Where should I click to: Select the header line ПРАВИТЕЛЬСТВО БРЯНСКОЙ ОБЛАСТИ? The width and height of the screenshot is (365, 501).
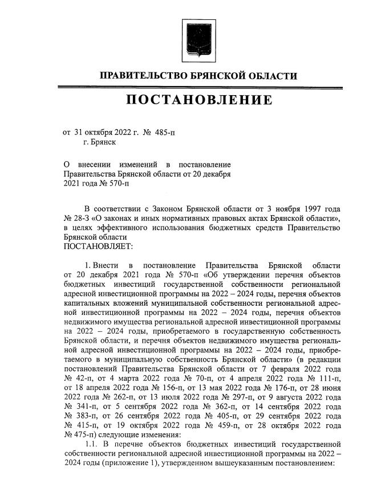[198, 76]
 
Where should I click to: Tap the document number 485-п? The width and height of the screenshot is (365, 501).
[166, 132]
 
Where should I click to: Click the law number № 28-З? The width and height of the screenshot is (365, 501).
[76, 219]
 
